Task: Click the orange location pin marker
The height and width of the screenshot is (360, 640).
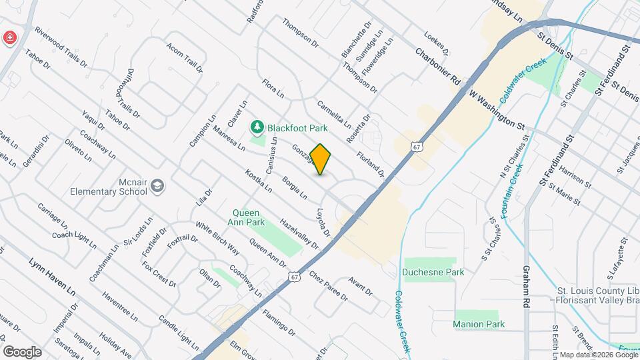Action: [x=321, y=159]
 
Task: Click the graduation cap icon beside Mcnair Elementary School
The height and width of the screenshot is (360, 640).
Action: [x=157, y=186]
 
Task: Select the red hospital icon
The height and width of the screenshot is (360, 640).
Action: [x=9, y=37]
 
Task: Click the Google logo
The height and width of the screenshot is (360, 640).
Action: [x=22, y=352]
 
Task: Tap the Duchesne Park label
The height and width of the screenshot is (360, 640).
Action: [x=433, y=272]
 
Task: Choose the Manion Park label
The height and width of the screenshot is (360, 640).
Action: [x=478, y=324]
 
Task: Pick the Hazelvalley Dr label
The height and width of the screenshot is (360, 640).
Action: [x=300, y=234]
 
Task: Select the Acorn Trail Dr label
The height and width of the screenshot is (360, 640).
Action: [x=185, y=59]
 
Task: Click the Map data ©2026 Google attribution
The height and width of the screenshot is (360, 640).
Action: [x=597, y=355]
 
